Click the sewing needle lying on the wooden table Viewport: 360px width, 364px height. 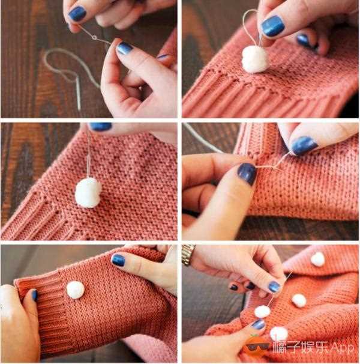tap(79, 94)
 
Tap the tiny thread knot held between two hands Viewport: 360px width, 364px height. tap(94, 37)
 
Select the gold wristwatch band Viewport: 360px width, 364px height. tap(188, 255)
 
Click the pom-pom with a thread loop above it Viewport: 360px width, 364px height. tap(254, 59)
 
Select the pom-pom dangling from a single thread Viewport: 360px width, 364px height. tap(88, 192)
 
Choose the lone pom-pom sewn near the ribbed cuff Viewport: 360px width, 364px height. tap(76, 290)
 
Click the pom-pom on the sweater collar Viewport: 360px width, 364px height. tap(317, 259)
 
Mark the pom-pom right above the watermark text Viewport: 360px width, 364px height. tap(278, 333)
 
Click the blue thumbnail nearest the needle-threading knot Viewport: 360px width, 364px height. tap(124, 48)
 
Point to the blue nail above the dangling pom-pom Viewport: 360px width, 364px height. tap(100, 127)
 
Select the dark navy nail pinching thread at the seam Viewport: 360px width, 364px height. tap(247, 174)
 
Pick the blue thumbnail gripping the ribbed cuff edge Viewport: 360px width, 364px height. tap(35, 296)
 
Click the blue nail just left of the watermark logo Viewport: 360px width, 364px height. tap(259, 324)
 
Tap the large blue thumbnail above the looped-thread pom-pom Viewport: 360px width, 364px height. tap(273, 26)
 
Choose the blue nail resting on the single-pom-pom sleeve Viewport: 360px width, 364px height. tap(118, 260)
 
